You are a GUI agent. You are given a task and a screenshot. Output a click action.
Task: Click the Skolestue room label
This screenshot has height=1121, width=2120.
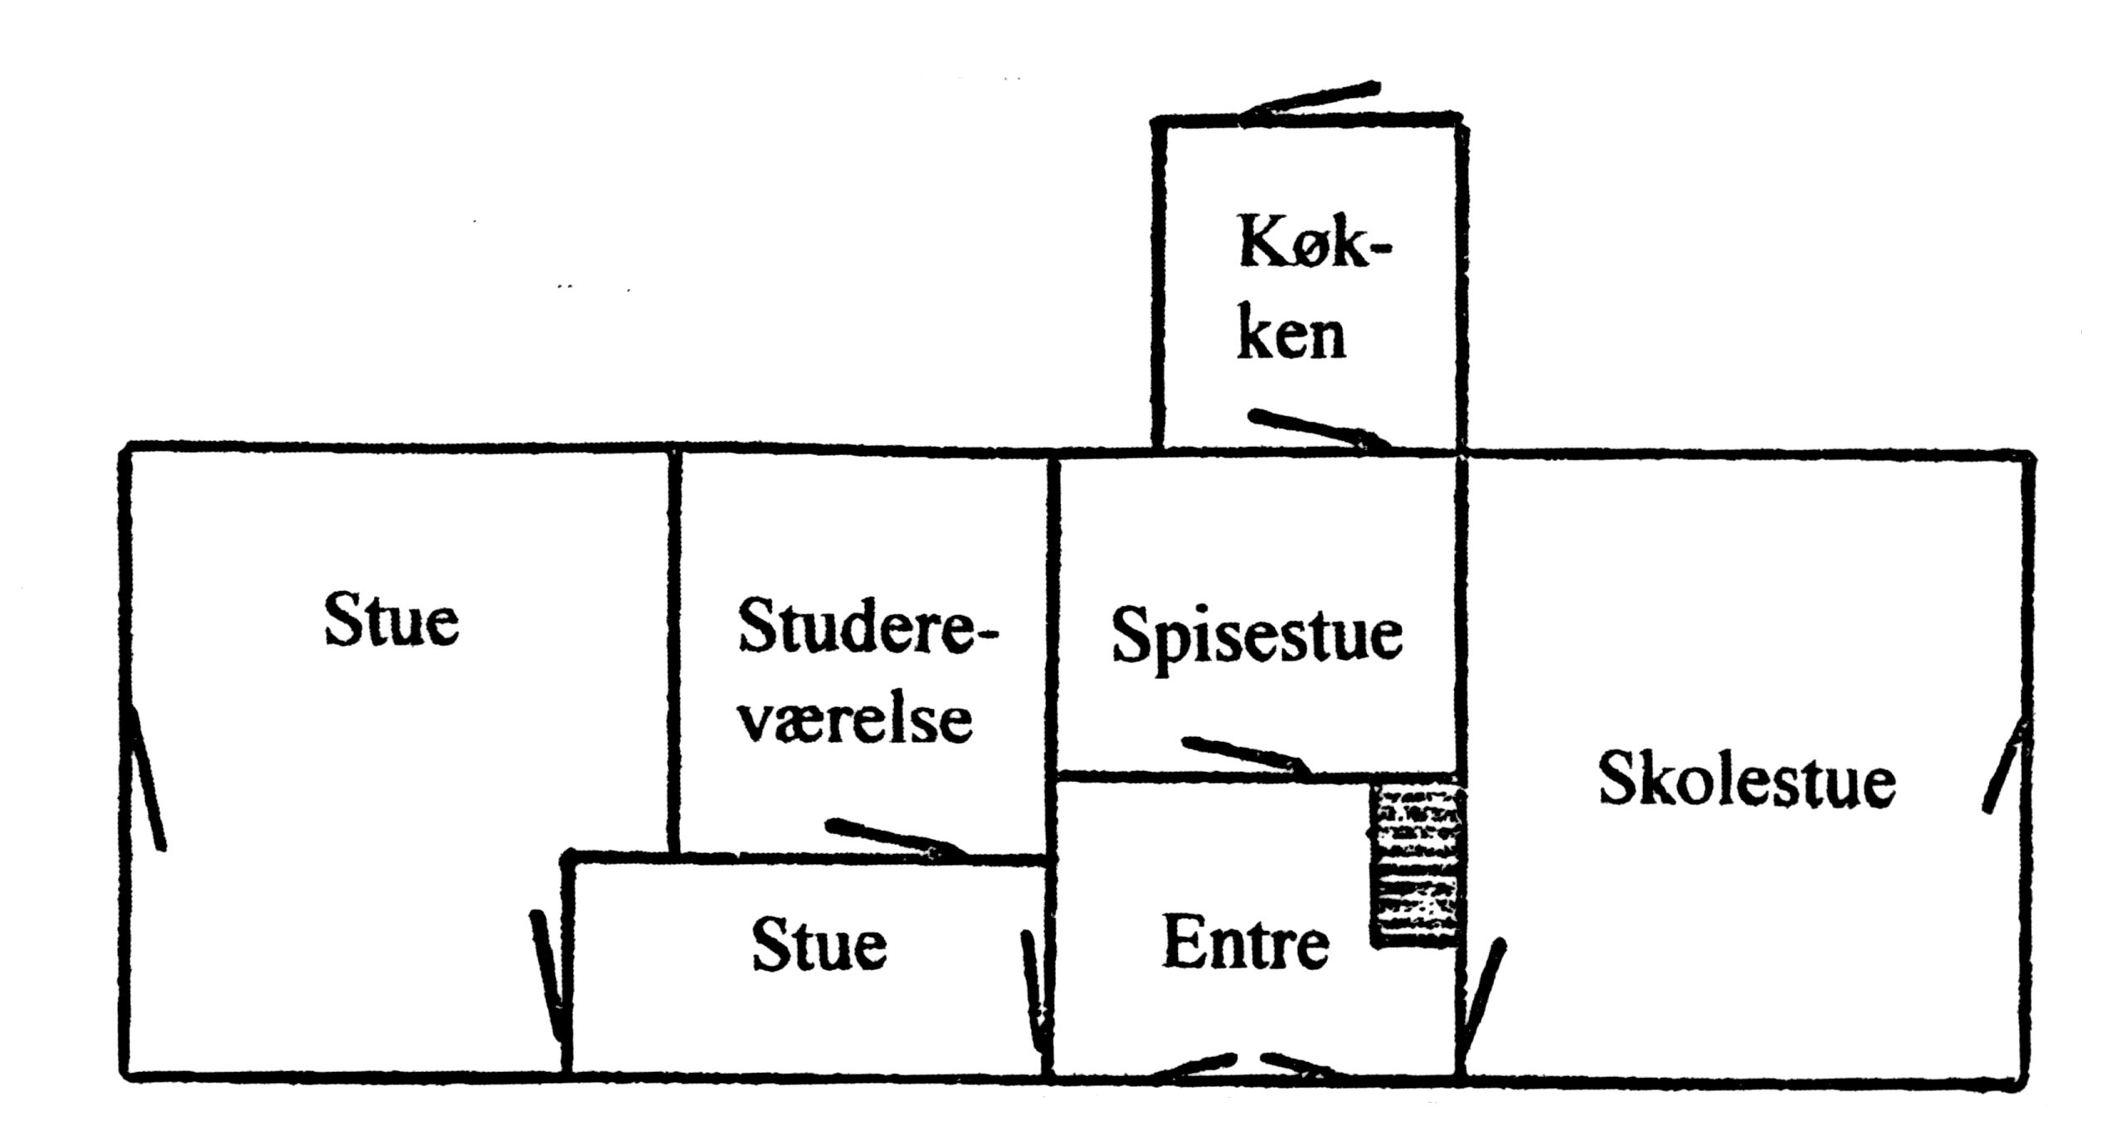coord(1747,780)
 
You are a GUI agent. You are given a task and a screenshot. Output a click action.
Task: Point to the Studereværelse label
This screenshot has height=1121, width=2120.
coord(863,672)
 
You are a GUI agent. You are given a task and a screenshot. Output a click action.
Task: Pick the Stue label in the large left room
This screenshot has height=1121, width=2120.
coord(391,620)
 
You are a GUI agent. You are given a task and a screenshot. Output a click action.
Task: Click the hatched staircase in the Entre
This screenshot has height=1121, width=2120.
coord(1413,867)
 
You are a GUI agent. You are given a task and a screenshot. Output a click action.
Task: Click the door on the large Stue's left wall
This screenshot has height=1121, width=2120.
coord(146,779)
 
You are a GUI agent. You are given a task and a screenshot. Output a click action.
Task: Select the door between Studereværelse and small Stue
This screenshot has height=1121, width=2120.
coord(896,837)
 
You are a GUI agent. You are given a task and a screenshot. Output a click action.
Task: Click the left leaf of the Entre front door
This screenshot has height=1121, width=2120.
coord(1194,1067)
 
